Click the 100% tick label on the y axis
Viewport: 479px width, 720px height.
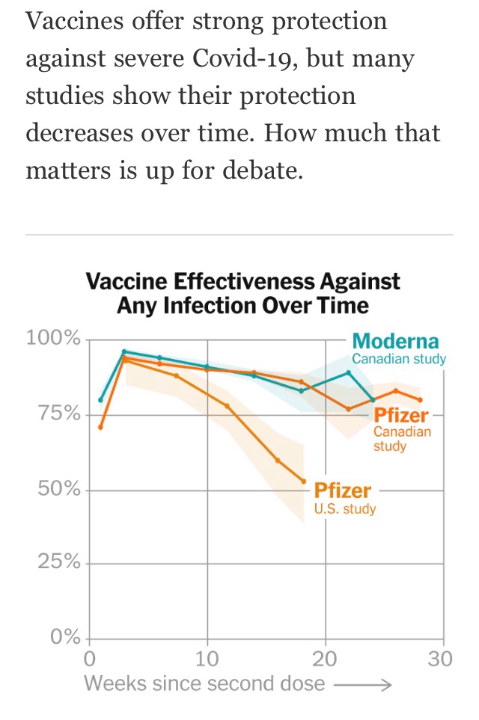pos(53,339)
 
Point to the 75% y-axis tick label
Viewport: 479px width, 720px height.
pos(58,414)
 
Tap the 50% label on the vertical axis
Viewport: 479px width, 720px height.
pos(58,490)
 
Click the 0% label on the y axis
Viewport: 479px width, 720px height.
pos(64,638)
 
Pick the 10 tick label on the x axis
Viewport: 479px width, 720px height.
pos(207,659)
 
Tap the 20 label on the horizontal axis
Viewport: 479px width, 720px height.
pos(325,659)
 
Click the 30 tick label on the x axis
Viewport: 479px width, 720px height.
pos(442,659)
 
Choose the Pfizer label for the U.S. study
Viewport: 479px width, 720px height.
pos(342,490)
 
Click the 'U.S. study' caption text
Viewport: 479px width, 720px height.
pos(344,509)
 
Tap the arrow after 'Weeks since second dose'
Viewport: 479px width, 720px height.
pos(361,684)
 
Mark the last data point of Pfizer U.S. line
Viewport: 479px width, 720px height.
pos(304,481)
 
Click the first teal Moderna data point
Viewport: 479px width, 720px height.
pos(101,399)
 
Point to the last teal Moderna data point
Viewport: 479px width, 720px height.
pos(373,400)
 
